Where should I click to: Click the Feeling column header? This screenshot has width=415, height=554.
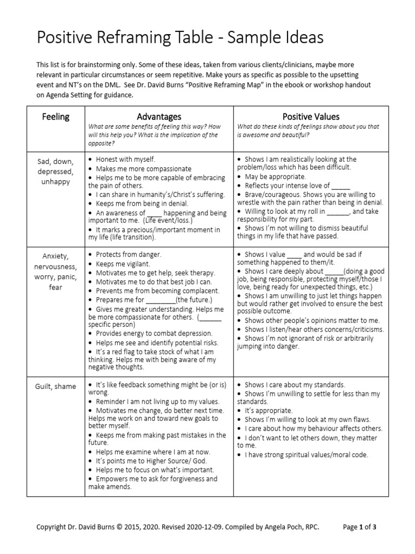point(57,116)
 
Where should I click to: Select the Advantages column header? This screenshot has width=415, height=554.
point(159,116)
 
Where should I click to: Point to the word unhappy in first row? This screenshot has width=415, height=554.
point(57,182)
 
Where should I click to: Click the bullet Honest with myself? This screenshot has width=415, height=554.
point(125,159)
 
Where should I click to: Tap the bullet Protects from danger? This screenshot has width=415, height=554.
point(129,254)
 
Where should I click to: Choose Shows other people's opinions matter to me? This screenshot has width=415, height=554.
point(312,320)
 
